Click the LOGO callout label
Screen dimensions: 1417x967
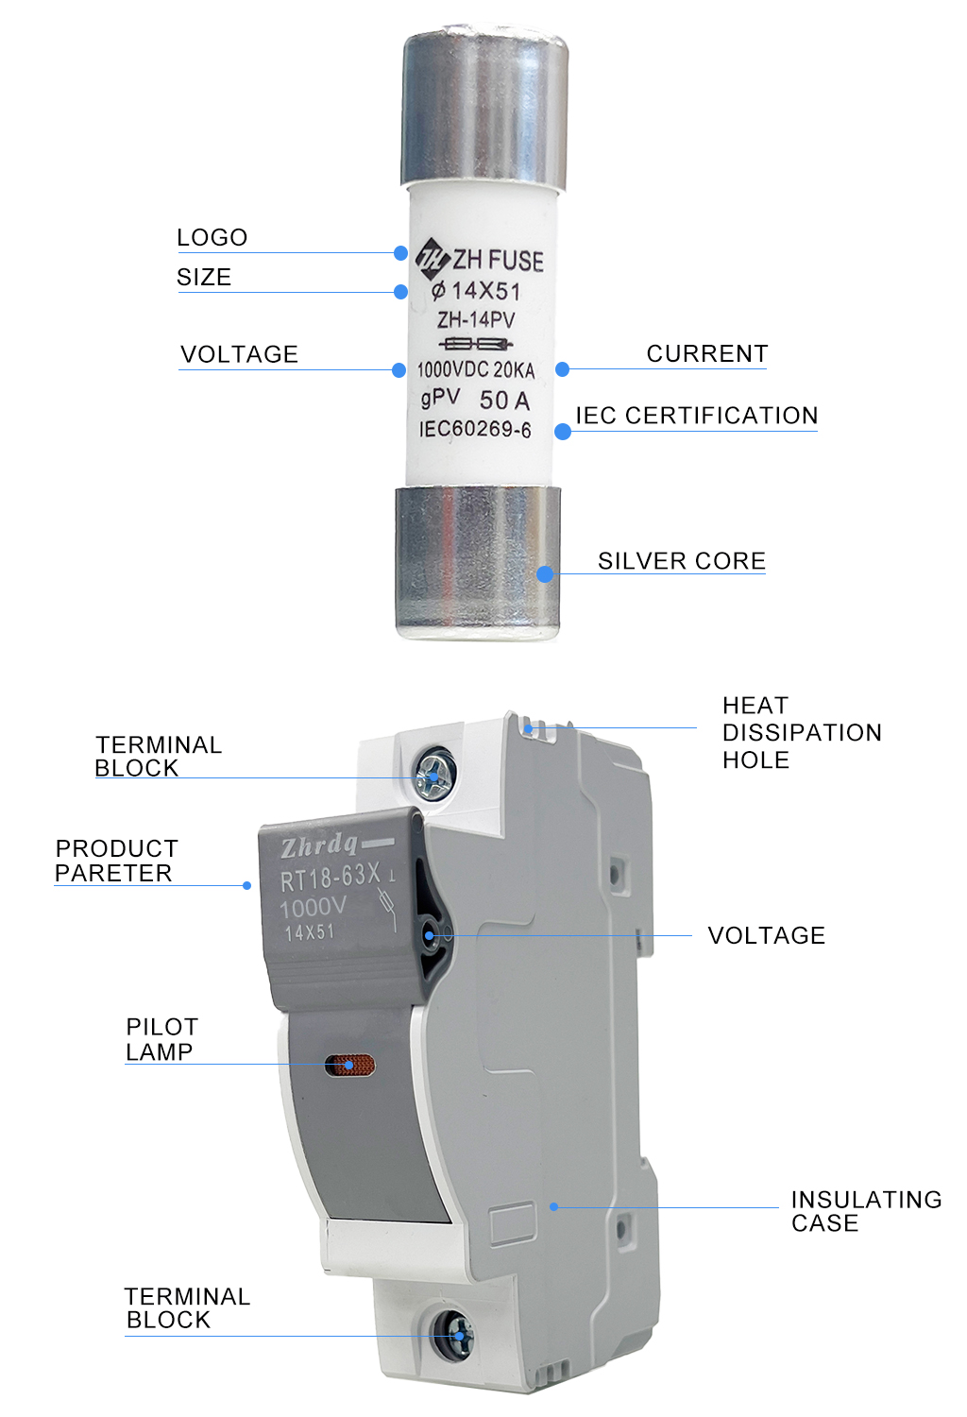(212, 237)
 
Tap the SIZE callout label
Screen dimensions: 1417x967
(204, 277)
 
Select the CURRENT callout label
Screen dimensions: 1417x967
(707, 353)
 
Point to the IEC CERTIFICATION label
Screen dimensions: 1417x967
(697, 416)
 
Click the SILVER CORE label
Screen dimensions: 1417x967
(682, 560)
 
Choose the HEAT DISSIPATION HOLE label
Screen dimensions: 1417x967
(802, 732)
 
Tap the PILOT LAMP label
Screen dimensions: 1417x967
(161, 1039)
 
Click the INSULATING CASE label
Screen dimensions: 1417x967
(866, 1211)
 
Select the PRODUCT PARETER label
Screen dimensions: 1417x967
(116, 861)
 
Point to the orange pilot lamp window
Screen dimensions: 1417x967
(350, 1066)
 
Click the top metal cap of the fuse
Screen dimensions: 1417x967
(485, 109)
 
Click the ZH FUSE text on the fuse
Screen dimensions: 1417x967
(498, 260)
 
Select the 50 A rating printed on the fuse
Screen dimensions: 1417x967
(504, 401)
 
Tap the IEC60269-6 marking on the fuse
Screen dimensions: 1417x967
(475, 429)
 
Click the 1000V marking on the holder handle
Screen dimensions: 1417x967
(313, 908)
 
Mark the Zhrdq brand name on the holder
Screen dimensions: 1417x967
(319, 845)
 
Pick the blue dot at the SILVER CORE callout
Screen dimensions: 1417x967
(545, 573)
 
